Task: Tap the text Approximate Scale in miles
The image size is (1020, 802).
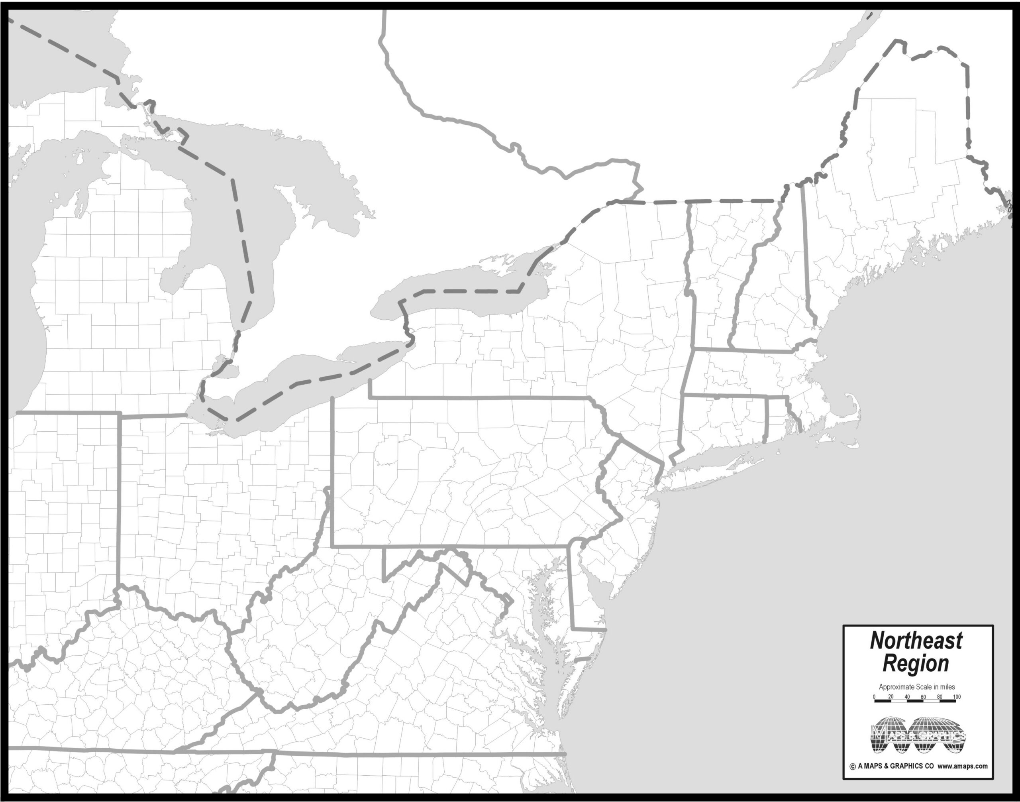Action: tap(916, 686)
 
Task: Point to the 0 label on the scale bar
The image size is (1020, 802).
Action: tap(874, 696)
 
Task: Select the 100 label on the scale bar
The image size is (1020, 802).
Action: tap(957, 696)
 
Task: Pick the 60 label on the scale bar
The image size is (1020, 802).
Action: tap(923, 696)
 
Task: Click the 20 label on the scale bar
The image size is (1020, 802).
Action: tap(891, 696)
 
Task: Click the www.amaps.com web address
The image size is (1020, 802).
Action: tap(962, 766)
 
